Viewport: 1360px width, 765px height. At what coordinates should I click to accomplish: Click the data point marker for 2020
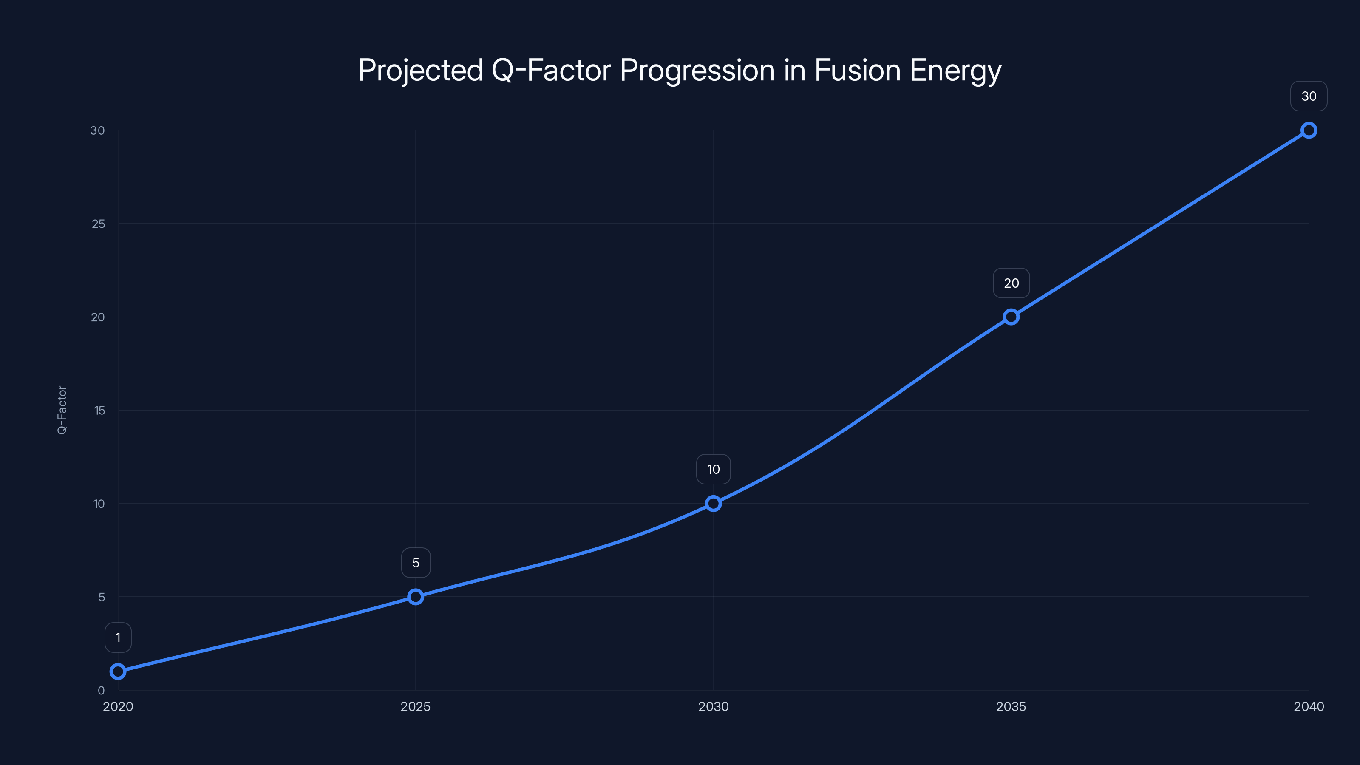click(118, 671)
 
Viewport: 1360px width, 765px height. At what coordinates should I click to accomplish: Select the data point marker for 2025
click(416, 597)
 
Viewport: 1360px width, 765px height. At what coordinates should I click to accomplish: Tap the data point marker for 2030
click(713, 503)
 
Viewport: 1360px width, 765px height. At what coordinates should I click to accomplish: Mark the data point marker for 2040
click(1309, 130)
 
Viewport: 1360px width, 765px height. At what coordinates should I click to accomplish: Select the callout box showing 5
click(416, 563)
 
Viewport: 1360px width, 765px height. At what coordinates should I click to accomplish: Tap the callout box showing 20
click(1011, 283)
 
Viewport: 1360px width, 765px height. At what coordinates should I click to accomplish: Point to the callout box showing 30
click(1309, 96)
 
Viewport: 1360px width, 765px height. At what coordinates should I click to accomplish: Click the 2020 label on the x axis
click(118, 706)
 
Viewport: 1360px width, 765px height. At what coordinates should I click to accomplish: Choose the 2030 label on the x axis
click(713, 706)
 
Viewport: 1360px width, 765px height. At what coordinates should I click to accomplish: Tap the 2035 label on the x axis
click(1011, 706)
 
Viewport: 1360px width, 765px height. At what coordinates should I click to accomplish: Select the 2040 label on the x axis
click(1309, 706)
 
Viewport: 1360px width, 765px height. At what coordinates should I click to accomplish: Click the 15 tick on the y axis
click(99, 410)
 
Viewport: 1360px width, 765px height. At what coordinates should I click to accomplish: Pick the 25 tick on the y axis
click(98, 224)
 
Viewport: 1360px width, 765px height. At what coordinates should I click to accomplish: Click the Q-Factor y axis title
click(62, 410)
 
